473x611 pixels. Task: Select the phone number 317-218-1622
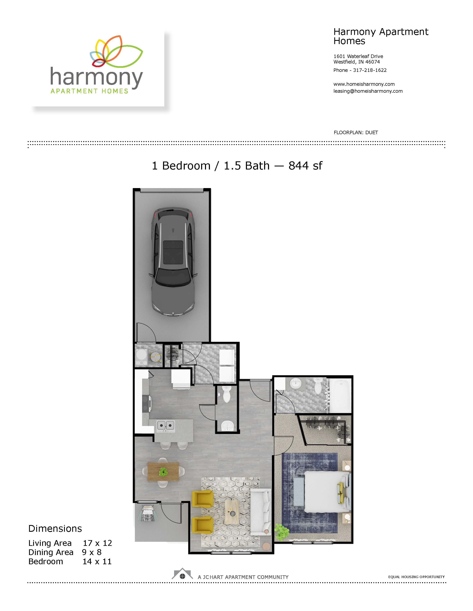(x=370, y=70)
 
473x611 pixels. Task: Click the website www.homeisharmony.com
(x=364, y=84)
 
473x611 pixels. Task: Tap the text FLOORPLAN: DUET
(x=356, y=132)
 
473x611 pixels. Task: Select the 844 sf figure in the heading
(x=305, y=166)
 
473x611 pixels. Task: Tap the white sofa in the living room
(x=261, y=512)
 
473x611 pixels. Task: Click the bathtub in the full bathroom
(x=340, y=395)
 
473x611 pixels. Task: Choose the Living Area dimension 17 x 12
(x=97, y=543)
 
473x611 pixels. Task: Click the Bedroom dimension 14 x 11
(x=97, y=562)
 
